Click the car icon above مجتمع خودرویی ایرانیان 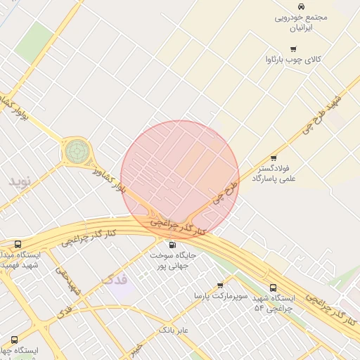[301, 6]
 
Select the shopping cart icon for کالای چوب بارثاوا [293, 49]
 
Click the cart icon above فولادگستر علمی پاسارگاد [274, 157]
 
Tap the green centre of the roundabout [77, 150]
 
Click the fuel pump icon [172, 244]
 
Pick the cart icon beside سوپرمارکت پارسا [220, 285]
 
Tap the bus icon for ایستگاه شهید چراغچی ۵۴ [274, 288]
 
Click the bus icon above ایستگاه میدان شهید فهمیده [18, 243]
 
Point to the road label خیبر [136, 347]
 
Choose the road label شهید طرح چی [320, 115]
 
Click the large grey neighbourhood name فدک [115, 279]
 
